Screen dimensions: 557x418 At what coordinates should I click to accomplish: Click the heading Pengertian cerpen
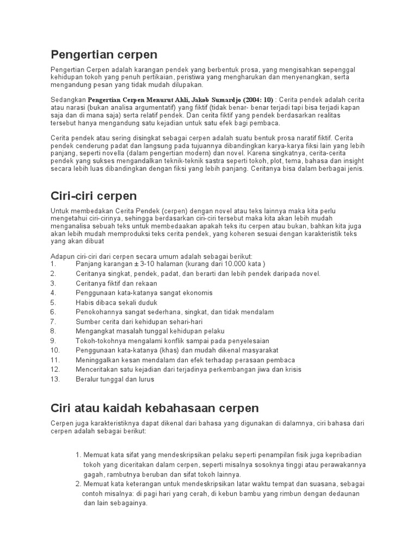(103, 54)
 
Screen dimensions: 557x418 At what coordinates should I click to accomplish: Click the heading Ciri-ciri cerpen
(93, 195)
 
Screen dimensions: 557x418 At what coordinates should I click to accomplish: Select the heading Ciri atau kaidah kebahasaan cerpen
(155, 407)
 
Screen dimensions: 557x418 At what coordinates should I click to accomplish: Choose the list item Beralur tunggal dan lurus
(115, 379)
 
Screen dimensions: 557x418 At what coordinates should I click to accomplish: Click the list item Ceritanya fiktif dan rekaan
(116, 283)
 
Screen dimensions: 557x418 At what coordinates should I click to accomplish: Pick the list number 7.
(53, 321)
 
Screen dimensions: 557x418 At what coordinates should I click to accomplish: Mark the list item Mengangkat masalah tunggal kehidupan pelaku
(150, 331)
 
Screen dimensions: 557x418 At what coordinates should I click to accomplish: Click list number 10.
(54, 350)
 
